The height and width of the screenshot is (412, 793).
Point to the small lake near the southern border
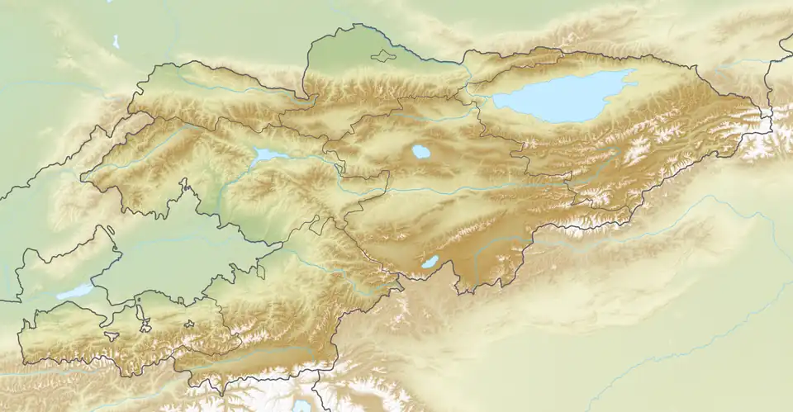click(x=430, y=262)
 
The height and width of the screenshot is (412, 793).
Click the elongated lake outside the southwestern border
click(x=74, y=291)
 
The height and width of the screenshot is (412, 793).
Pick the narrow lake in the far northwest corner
click(x=116, y=40)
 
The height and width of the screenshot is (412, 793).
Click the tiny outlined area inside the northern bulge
click(x=382, y=57)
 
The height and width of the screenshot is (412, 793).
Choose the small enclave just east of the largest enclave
click(x=188, y=324)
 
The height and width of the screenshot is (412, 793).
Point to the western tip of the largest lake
click(x=495, y=102)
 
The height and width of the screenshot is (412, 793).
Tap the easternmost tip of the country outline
click(x=771, y=116)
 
